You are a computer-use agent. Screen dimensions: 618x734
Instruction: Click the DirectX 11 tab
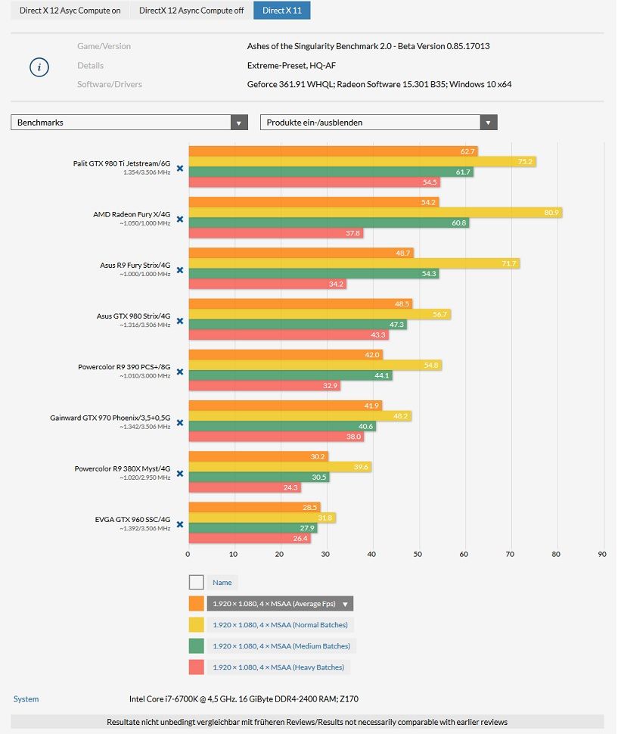tap(281, 11)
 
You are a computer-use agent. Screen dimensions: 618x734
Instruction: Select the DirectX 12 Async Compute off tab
tap(191, 11)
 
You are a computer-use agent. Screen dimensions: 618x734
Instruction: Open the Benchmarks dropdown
tap(129, 123)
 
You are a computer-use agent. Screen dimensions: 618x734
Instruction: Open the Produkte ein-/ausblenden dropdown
tap(378, 123)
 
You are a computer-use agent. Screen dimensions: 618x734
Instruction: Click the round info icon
tap(39, 67)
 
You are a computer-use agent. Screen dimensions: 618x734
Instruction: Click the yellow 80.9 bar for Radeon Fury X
tap(375, 213)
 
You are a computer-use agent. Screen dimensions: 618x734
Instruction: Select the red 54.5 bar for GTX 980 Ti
tap(315, 182)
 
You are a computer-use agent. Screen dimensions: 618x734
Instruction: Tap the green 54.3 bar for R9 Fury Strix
tap(314, 273)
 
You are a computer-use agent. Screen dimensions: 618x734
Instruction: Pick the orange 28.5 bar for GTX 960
tap(254, 508)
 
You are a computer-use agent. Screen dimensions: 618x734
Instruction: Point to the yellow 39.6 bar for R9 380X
tap(280, 467)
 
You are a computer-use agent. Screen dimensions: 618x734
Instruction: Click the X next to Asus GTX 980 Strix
tap(180, 321)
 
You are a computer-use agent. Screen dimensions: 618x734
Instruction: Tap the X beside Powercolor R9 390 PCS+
tap(180, 372)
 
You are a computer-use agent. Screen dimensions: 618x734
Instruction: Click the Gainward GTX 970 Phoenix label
tap(110, 418)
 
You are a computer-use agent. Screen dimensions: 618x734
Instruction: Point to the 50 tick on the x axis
tap(418, 554)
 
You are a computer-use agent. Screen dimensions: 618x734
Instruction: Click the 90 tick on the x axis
tap(601, 554)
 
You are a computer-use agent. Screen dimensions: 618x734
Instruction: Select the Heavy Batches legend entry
tap(278, 667)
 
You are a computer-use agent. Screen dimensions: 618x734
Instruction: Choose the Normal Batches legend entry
tap(280, 625)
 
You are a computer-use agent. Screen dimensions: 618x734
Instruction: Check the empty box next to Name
tap(197, 583)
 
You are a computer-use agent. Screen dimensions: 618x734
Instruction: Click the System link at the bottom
tap(26, 699)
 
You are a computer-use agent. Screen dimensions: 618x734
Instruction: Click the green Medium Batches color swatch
tap(197, 646)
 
